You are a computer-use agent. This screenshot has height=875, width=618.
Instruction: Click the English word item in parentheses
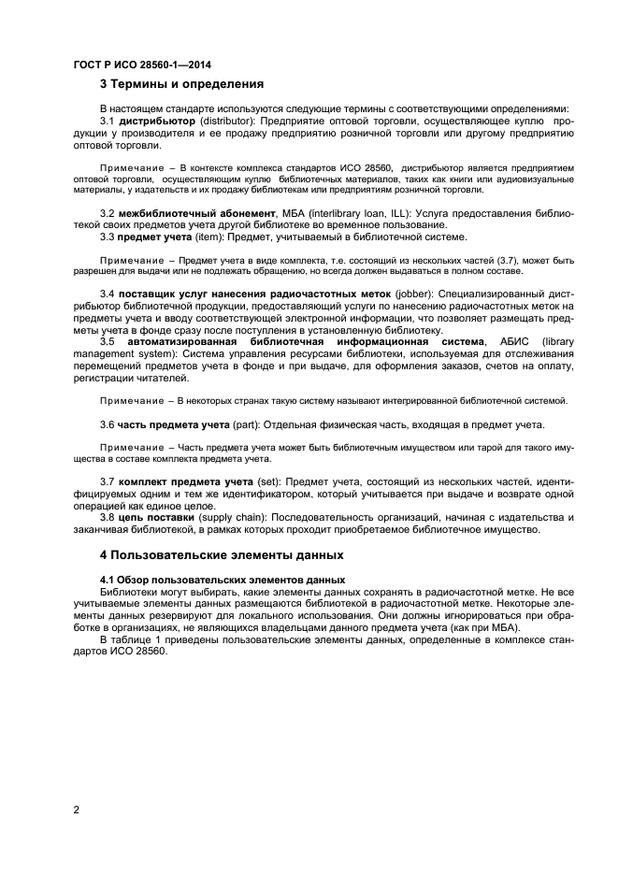(200, 237)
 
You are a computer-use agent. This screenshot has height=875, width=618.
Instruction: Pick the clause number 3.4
(107, 294)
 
